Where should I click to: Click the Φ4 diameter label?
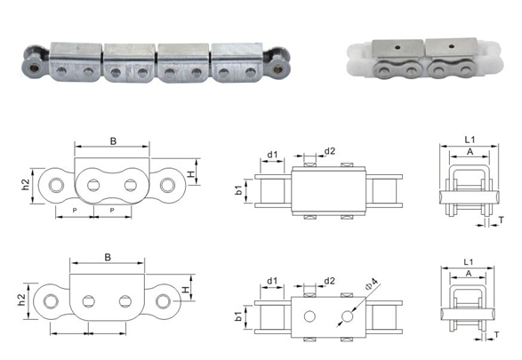372,284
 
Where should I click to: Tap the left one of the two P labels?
75,211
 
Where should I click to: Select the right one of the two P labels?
112,211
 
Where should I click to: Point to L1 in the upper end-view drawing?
470,140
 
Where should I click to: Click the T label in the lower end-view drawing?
497,334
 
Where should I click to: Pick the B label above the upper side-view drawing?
113,141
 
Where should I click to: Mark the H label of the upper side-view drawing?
191,174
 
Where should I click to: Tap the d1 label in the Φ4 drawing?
272,281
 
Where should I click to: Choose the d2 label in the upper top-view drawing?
330,151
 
